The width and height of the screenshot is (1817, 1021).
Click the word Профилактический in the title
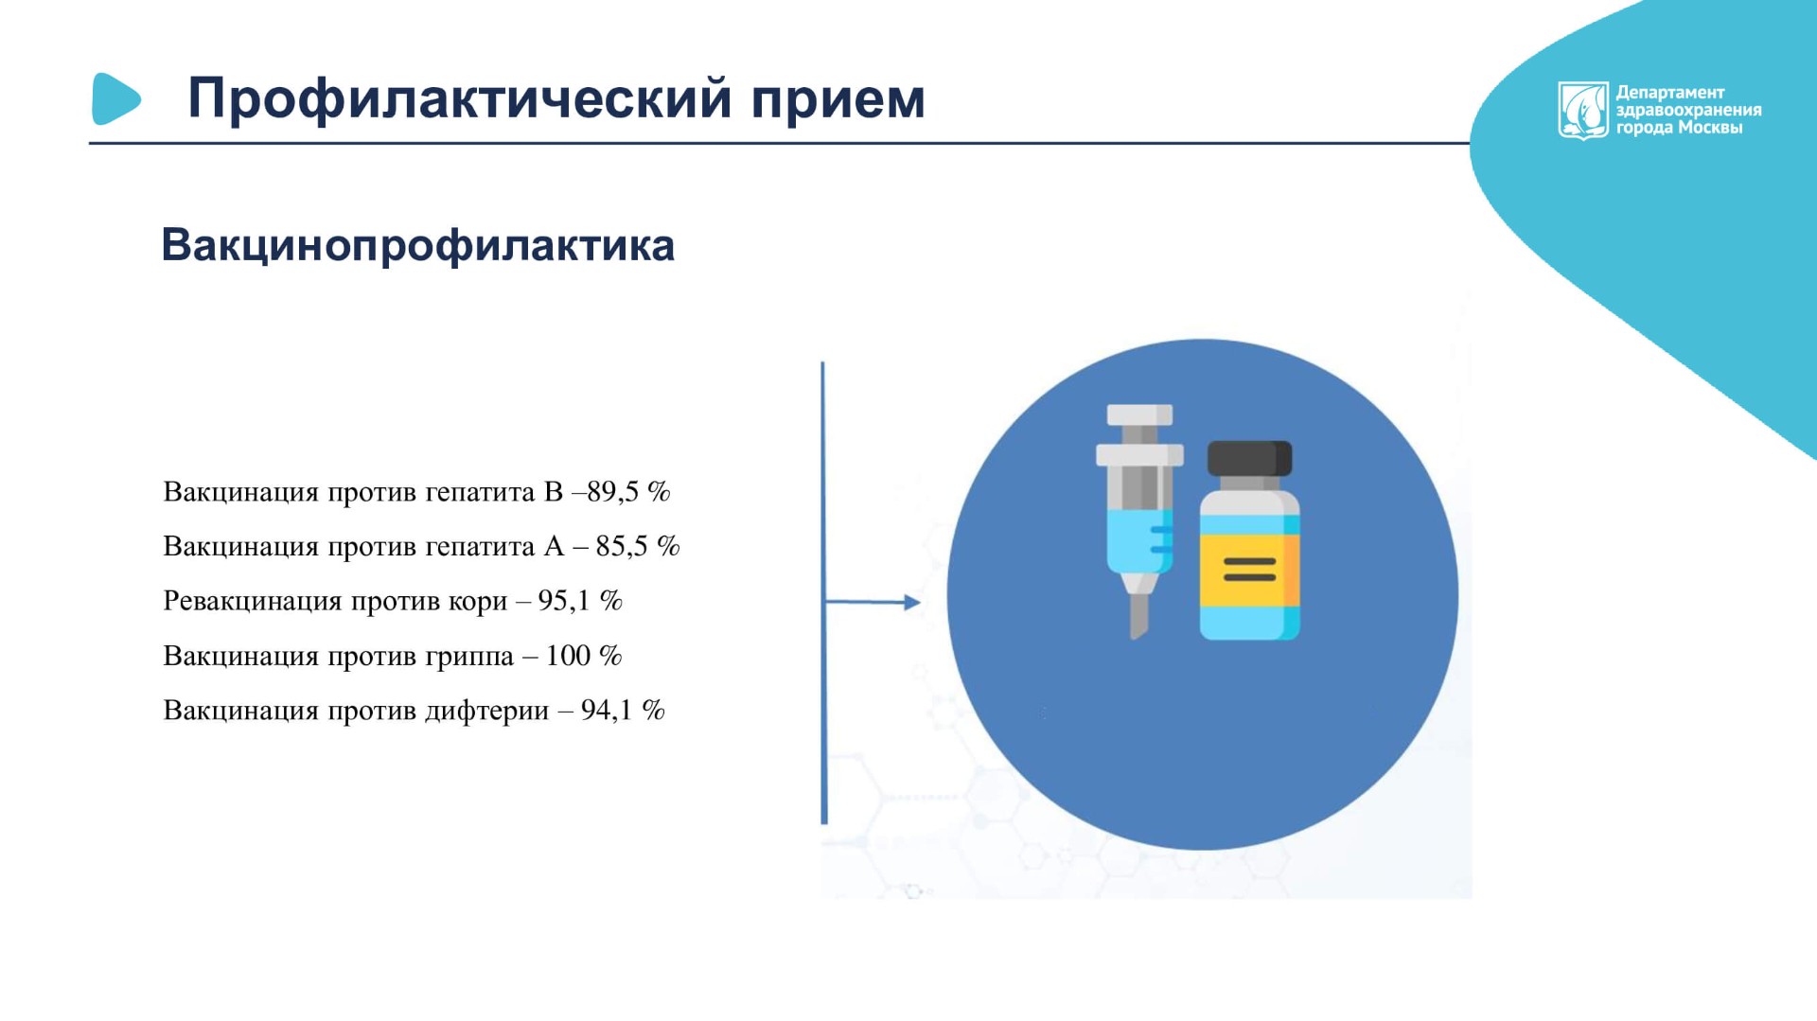tap(460, 99)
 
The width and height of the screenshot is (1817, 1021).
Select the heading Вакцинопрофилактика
tap(417, 245)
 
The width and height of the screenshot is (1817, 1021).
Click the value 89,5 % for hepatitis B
tap(628, 492)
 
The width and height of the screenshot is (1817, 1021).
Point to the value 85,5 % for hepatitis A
tap(638, 546)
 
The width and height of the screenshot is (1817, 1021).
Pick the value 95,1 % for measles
tap(580, 601)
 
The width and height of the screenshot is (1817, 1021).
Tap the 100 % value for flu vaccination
tap(584, 656)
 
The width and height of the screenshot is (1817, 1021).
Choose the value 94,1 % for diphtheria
tap(623, 711)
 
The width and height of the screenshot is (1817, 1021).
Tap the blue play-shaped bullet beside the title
tap(115, 98)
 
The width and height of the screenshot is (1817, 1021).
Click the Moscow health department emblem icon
tap(1583, 111)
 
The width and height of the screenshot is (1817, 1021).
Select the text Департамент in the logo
tap(1670, 93)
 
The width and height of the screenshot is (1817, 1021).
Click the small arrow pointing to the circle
tap(872, 602)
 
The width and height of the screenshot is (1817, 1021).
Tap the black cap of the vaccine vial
tap(1249, 459)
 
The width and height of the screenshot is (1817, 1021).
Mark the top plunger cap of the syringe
tap(1139, 414)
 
